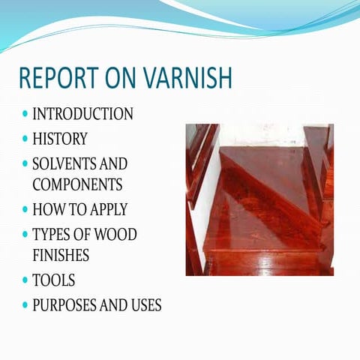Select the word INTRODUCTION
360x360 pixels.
pyautogui.click(x=82, y=115)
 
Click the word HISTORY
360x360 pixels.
pyautogui.click(x=59, y=139)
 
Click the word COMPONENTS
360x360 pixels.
pyautogui.click(x=77, y=184)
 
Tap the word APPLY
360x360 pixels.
pyautogui.click(x=106, y=209)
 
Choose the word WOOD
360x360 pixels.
pyautogui.click(x=118, y=234)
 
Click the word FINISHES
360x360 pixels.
pyautogui.click(x=61, y=255)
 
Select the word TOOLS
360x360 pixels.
pyautogui.click(x=53, y=280)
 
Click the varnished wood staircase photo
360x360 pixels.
pyautogui.click(x=259, y=199)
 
